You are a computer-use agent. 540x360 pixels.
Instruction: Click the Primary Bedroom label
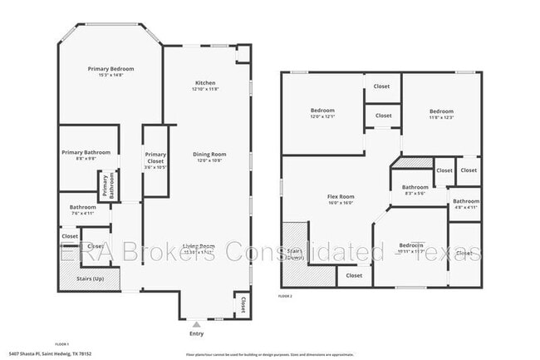click(x=110, y=68)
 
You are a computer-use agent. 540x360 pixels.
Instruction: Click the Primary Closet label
click(x=155, y=157)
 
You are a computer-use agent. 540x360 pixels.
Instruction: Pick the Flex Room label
click(x=341, y=196)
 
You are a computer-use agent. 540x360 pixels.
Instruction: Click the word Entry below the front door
click(x=196, y=334)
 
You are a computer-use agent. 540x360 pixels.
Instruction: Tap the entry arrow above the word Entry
click(x=196, y=324)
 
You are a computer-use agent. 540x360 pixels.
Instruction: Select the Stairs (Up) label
click(x=91, y=278)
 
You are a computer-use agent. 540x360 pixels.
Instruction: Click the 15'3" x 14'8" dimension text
click(x=110, y=75)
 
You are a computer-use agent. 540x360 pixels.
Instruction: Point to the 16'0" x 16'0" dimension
click(x=341, y=203)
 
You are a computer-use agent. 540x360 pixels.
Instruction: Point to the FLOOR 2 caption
click(x=286, y=295)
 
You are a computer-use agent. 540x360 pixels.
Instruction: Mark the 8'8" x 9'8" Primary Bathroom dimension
click(x=86, y=159)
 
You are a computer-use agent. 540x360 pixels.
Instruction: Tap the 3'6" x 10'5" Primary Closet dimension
click(x=155, y=167)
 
